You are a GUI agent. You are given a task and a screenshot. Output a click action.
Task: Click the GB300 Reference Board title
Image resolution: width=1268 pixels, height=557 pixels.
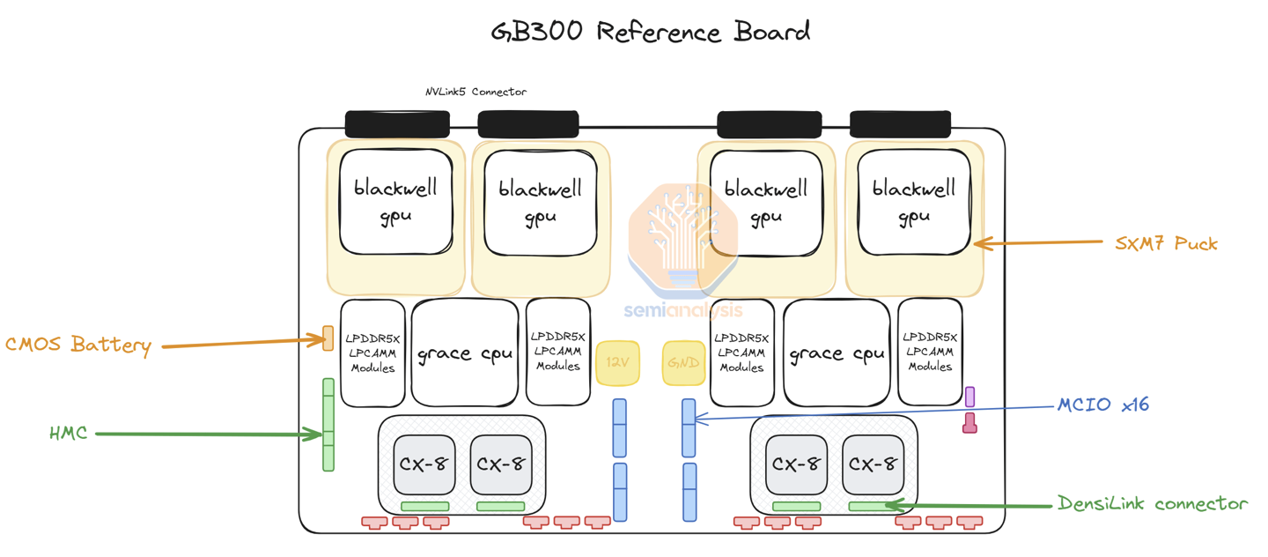click(651, 33)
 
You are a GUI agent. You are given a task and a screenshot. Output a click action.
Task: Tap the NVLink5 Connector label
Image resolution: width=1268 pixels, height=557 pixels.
click(475, 92)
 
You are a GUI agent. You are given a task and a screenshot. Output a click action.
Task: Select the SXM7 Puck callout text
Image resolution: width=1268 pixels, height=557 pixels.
click(1166, 243)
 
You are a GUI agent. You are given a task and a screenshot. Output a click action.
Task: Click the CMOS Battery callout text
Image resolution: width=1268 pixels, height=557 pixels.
click(78, 345)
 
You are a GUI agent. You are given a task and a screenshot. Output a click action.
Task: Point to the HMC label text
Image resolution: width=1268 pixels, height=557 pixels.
click(69, 433)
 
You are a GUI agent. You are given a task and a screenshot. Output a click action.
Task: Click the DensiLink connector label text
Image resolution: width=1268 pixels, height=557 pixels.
click(1153, 504)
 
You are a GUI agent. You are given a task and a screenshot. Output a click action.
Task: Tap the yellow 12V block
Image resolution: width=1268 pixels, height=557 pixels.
click(617, 362)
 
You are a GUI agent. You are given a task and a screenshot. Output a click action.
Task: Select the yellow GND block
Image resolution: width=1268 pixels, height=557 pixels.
click(683, 362)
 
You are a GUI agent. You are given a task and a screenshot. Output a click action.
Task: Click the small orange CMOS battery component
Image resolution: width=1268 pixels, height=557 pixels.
click(328, 338)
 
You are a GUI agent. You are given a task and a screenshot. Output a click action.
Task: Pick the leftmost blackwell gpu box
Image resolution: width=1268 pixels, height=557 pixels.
click(395, 202)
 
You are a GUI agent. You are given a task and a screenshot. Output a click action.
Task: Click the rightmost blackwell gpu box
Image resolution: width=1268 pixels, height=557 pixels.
click(913, 202)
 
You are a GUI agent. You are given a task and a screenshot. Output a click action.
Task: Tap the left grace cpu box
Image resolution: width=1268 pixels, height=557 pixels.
click(464, 353)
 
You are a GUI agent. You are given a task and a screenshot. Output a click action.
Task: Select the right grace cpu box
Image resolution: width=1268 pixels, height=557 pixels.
click(837, 353)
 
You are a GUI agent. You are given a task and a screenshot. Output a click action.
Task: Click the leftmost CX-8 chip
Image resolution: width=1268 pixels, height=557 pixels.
click(424, 464)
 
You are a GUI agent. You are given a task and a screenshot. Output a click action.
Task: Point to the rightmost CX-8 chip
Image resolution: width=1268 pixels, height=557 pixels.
click(873, 464)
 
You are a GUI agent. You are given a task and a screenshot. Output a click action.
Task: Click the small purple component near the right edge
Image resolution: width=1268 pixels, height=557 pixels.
click(969, 397)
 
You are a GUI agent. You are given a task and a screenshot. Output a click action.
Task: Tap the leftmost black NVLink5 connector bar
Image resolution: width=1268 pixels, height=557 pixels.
click(397, 124)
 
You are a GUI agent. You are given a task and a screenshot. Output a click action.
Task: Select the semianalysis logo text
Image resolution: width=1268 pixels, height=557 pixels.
click(683, 310)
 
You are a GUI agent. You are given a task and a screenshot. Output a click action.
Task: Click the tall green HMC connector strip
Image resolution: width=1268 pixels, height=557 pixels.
click(328, 425)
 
